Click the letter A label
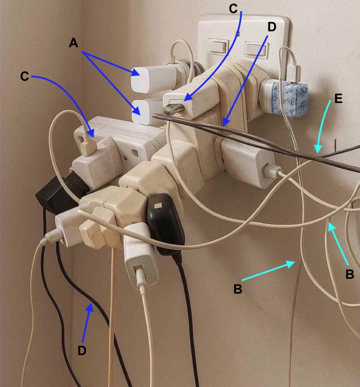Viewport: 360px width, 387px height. coord(73,43)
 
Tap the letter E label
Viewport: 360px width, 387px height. coord(338,98)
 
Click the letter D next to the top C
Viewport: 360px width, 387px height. coord(271,26)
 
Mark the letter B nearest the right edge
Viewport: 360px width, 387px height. coord(350,274)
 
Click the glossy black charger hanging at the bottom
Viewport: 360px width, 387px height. coord(165,225)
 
